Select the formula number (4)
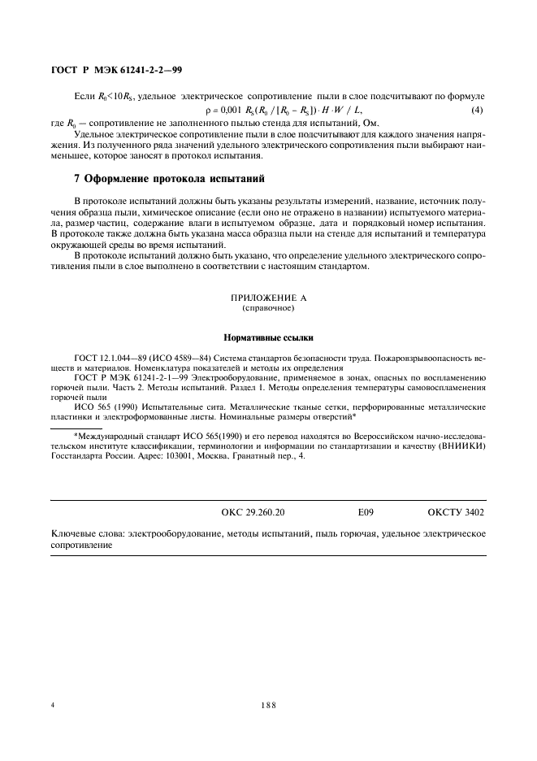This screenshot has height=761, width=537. (x=478, y=110)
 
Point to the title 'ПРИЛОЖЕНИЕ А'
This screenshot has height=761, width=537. (x=268, y=298)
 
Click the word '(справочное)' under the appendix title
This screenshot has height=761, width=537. (x=268, y=309)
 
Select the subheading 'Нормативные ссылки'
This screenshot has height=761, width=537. (x=268, y=337)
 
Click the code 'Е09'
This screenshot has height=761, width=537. (x=366, y=513)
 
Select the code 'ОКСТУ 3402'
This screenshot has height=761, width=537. (x=456, y=513)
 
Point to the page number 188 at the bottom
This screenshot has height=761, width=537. (x=268, y=705)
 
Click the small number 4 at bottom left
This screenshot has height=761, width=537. (x=53, y=705)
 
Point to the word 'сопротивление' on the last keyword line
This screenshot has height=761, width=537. (x=81, y=546)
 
